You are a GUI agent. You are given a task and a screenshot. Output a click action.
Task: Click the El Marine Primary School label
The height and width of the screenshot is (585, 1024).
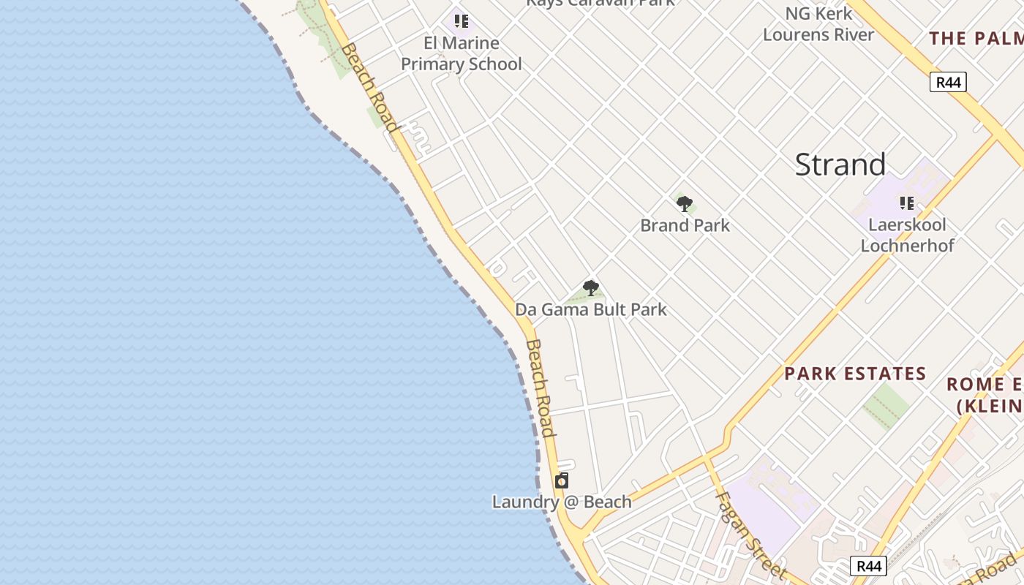[462, 53]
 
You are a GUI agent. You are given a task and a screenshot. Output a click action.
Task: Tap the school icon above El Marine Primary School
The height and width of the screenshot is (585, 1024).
[461, 20]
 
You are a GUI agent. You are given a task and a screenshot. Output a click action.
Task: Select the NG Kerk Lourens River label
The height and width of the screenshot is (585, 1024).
[818, 24]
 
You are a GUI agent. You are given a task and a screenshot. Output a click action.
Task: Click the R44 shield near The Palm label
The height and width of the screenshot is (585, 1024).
[948, 82]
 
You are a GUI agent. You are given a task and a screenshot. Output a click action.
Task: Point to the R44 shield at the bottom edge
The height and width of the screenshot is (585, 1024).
[868, 565]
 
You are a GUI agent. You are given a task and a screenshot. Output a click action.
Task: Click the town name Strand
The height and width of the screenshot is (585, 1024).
[840, 165]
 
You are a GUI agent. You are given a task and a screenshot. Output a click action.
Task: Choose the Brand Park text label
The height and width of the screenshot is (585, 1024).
[685, 225]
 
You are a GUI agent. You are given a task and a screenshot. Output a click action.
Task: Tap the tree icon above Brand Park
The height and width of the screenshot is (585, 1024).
[685, 204]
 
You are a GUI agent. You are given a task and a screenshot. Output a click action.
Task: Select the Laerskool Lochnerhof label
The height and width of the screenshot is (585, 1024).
[907, 235]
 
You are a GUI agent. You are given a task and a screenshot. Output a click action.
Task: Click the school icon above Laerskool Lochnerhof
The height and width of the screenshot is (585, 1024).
[907, 203]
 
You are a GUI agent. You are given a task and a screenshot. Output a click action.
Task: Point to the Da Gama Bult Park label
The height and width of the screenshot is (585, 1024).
[591, 309]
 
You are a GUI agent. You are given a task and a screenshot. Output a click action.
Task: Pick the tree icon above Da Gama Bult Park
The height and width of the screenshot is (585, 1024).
[591, 288]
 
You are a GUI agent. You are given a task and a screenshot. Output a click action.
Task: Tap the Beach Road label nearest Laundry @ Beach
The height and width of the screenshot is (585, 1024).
[541, 388]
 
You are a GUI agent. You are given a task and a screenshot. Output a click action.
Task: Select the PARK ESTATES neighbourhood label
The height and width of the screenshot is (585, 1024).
[855, 374]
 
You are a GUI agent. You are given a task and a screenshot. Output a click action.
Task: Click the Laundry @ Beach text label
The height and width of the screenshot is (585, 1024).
[562, 502]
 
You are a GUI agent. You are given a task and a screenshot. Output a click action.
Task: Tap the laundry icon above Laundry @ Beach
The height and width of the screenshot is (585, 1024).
[562, 480]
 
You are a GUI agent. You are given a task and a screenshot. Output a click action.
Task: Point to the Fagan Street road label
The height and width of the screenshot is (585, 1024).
[750, 533]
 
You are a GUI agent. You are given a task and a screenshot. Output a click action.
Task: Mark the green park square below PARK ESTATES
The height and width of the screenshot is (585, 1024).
[886, 405]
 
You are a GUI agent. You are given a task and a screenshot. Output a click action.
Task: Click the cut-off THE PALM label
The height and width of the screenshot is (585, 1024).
[976, 38]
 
